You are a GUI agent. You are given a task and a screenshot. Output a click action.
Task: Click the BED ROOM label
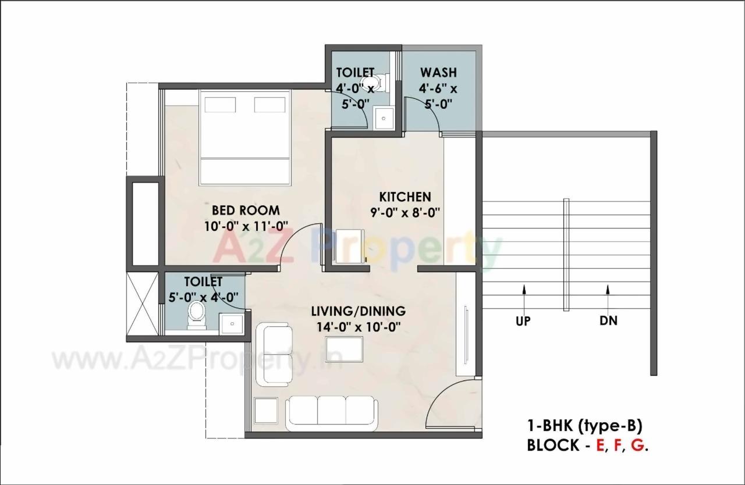click(x=245, y=210)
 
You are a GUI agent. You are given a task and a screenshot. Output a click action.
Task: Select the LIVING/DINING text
click(x=358, y=311)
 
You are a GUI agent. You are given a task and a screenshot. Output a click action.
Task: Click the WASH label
click(x=438, y=73)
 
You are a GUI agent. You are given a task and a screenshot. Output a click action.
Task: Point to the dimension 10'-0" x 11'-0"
click(x=246, y=226)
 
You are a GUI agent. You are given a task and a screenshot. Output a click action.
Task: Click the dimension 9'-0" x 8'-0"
click(x=405, y=212)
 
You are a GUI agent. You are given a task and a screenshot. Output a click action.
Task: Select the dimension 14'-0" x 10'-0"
click(x=359, y=327)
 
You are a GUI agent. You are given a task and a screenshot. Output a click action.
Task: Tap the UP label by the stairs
click(x=523, y=320)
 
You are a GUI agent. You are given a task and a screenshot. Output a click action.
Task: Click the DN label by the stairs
click(x=608, y=320)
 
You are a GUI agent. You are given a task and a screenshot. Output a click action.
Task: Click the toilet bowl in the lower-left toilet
click(x=196, y=317)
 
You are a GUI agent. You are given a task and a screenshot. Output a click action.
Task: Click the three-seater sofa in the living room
click(x=331, y=413)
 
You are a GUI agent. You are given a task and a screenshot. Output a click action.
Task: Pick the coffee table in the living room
click(x=345, y=349)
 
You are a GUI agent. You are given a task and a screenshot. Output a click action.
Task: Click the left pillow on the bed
click(x=220, y=104)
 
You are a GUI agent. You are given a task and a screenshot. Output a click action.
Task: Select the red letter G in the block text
click(x=638, y=445)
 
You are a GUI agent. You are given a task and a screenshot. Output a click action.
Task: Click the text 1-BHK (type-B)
click(x=585, y=426)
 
